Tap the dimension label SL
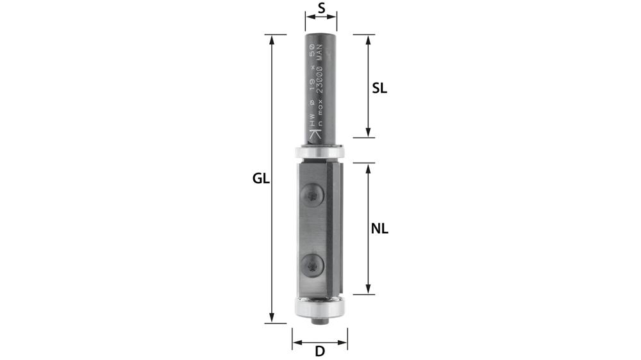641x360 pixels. point(379,88)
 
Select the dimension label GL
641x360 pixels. point(260,179)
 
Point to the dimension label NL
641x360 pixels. point(380,228)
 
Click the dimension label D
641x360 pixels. point(320,351)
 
